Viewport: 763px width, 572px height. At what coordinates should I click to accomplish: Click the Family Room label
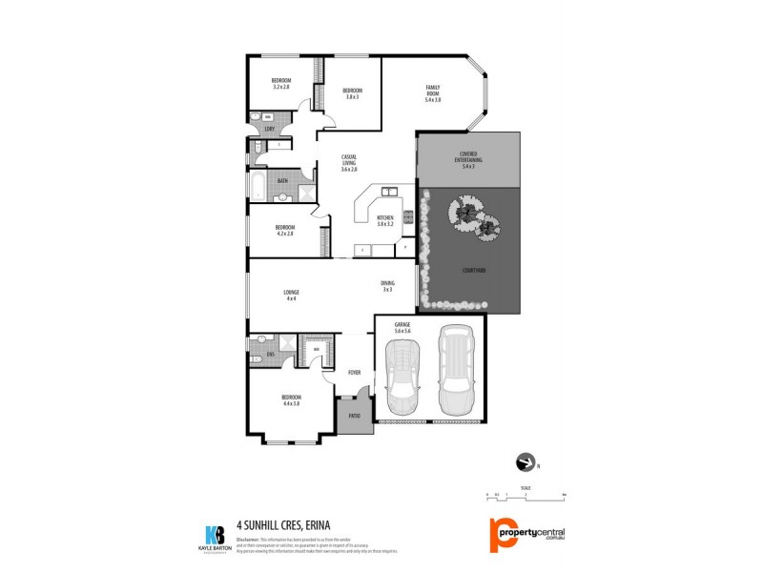[433, 93]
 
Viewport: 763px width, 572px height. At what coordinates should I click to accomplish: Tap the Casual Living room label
[349, 164]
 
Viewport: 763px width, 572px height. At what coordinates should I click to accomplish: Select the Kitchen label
[384, 220]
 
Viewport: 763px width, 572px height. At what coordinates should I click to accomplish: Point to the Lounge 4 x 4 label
[291, 295]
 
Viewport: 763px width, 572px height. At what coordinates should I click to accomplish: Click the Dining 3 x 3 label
[387, 286]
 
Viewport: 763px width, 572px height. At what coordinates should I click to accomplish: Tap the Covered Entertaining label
[467, 160]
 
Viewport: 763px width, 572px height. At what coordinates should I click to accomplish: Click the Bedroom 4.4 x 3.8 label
[291, 399]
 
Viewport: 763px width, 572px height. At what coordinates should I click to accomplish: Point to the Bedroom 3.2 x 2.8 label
[280, 83]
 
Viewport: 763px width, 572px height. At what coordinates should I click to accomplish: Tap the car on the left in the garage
[403, 374]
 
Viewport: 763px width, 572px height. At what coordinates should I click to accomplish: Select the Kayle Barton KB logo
[215, 537]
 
